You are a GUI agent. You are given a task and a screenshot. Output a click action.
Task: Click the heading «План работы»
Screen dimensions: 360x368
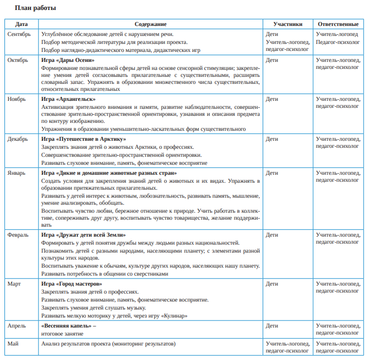(35, 8)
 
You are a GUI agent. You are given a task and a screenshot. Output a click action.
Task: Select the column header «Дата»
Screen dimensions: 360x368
(21, 24)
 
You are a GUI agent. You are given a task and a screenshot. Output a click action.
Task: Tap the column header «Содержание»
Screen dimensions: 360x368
(150, 24)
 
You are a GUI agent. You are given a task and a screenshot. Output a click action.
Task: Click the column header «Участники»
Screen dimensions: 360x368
(288, 24)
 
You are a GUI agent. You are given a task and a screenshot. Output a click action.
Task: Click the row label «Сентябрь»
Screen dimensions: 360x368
(19, 34)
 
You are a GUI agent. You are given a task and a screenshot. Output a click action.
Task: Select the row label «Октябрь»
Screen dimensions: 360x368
(18, 60)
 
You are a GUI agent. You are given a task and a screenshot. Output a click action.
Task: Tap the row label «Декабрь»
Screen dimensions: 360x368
(18, 139)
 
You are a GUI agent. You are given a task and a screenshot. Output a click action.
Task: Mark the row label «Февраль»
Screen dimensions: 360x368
(18, 235)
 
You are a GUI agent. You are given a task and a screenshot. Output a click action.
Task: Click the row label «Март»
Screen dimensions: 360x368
(14, 284)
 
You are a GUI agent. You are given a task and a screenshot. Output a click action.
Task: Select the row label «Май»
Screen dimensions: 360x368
(13, 344)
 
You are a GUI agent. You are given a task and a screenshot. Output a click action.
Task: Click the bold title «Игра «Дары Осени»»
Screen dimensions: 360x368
(67, 60)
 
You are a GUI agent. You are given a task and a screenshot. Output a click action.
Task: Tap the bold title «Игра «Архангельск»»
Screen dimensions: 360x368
(68, 99)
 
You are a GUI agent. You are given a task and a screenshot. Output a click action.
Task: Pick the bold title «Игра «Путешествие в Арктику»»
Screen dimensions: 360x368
(83, 139)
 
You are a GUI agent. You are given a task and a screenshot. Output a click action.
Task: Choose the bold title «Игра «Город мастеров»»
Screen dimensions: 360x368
(71, 284)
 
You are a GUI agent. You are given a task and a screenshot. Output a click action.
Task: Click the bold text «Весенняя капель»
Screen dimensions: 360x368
(66, 326)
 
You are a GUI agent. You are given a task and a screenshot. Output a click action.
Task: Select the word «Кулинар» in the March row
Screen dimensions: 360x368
(175, 316)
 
